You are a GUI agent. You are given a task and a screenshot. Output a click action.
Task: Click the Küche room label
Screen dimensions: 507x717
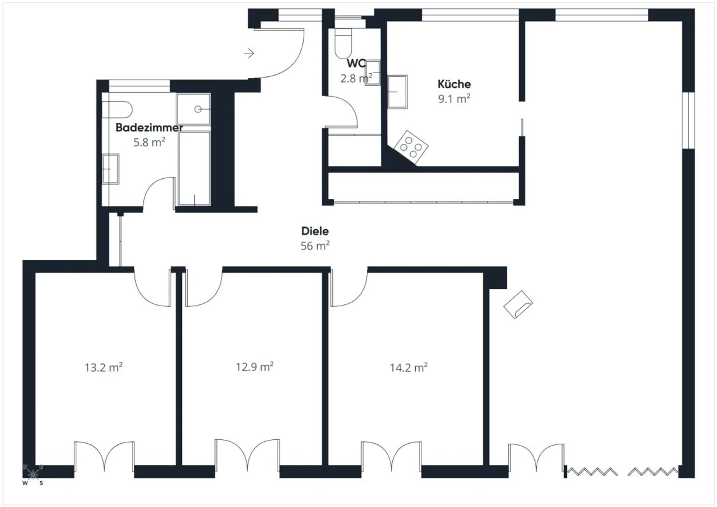pos(454,84)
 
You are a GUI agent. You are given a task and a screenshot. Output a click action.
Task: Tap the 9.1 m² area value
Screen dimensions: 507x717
pos(454,99)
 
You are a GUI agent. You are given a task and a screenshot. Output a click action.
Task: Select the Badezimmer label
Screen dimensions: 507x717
pos(149,127)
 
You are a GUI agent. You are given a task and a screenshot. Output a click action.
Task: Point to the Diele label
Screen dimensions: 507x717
pos(315,231)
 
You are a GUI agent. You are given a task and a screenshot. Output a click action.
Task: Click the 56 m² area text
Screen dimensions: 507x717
pos(315,246)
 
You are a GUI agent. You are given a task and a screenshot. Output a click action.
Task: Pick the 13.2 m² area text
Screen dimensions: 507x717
pos(103,368)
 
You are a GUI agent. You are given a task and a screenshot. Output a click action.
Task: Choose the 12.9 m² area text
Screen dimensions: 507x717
pos(254,367)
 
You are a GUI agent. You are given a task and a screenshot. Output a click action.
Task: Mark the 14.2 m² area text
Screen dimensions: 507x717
pos(408,368)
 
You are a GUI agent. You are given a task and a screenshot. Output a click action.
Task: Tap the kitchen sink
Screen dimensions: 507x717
pos(397,92)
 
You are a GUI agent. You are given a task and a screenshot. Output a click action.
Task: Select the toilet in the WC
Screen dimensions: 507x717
pos(344,43)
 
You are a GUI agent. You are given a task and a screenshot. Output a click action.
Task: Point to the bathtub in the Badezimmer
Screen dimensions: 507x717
pos(194,168)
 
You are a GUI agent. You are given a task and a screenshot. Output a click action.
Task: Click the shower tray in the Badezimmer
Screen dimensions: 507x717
pos(193,109)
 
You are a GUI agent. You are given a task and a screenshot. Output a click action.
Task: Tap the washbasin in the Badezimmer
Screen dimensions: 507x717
pos(111,169)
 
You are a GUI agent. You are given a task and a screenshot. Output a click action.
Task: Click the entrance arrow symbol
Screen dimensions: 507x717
pos(249,53)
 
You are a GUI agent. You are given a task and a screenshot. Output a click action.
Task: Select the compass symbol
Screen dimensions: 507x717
pos(33,474)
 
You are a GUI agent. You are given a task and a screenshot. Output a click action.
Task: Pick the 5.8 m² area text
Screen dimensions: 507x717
pos(149,142)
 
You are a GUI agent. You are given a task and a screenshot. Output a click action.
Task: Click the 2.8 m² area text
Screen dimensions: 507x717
pos(356,78)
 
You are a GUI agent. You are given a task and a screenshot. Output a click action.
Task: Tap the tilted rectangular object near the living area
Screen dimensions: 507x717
pos(518,304)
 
